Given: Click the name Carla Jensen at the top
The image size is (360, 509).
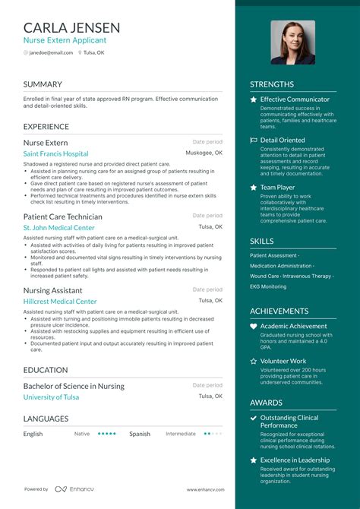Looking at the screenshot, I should coord(73,27).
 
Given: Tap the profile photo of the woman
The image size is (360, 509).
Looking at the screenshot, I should coord(292,43).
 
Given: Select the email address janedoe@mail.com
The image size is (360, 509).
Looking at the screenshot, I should coord(52,52).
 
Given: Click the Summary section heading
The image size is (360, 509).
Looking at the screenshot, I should coord(43,84).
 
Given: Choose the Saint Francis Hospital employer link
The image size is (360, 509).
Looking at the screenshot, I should coord(55,153).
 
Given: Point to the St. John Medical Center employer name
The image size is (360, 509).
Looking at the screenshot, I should coord(58,227).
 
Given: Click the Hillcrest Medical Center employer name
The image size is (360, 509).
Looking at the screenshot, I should coord(60,301).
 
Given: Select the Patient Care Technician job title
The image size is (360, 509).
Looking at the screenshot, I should coord(62,217).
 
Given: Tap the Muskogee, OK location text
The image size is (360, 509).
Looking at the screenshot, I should coord(204,153).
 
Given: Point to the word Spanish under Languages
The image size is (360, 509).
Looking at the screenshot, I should coord(140,434).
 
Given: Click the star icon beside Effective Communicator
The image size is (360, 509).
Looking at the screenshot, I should coord(254,100).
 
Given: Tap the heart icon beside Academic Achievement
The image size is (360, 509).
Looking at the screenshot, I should coord(254,327).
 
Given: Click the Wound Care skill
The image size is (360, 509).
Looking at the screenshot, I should coord(264,276).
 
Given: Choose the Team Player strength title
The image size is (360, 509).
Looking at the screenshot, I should coord(277,187).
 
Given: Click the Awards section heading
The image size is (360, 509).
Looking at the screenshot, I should coord(266,403).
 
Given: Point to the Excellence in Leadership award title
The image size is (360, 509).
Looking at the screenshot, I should coord(295,460).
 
